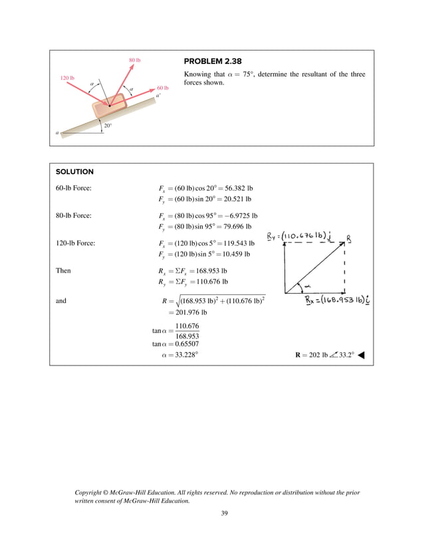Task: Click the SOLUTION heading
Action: pyautogui.click(x=74, y=171)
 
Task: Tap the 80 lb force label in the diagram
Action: pyautogui.click(x=134, y=60)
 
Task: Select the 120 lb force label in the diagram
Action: pyautogui.click(x=67, y=78)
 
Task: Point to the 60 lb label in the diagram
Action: pyautogui.click(x=163, y=88)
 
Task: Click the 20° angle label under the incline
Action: pyautogui.click(x=108, y=125)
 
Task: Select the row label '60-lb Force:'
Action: pyautogui.click(x=74, y=188)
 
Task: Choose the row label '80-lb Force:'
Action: pyautogui.click(x=74, y=215)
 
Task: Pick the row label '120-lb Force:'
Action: pyautogui.click(x=76, y=243)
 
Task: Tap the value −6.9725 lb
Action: pyautogui.click(x=239, y=216)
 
